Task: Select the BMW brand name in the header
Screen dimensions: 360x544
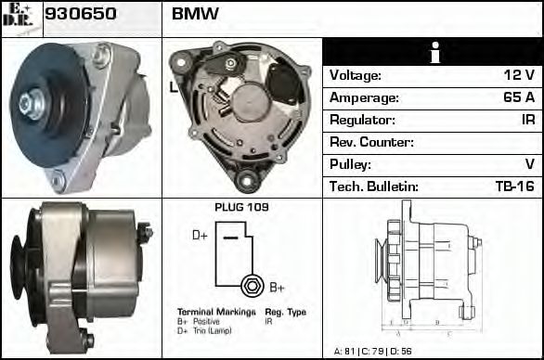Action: point(195,14)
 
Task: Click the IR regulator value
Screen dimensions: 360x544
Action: point(527,121)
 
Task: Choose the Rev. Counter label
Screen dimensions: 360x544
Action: point(371,143)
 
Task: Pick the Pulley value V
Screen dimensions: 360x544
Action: point(530,165)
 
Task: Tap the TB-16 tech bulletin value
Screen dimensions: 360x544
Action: point(515,187)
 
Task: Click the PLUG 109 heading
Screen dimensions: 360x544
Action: point(241,208)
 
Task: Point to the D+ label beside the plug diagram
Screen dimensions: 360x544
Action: point(200,236)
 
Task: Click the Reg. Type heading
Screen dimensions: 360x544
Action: point(285,312)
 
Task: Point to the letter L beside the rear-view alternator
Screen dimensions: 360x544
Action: point(173,88)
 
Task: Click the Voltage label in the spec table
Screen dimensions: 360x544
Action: point(356,76)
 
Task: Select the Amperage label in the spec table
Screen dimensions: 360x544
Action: point(364,98)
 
